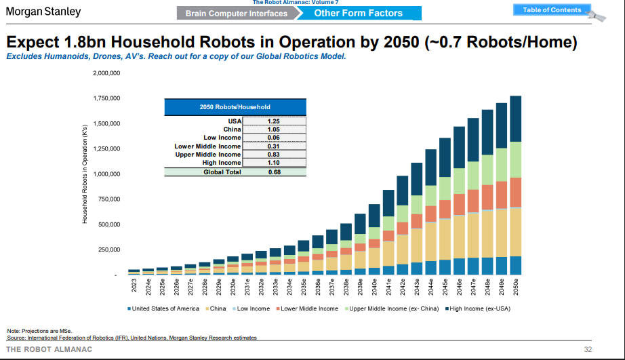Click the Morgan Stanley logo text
43,12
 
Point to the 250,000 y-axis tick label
107,249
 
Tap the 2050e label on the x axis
516,287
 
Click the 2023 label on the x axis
134,285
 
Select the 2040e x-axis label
374,287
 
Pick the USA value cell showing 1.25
273,121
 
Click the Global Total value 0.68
273,172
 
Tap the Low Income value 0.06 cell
273,138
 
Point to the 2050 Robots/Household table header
235,106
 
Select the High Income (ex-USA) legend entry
477,308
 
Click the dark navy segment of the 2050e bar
515,119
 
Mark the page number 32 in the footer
588,349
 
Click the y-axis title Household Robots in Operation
85,174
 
